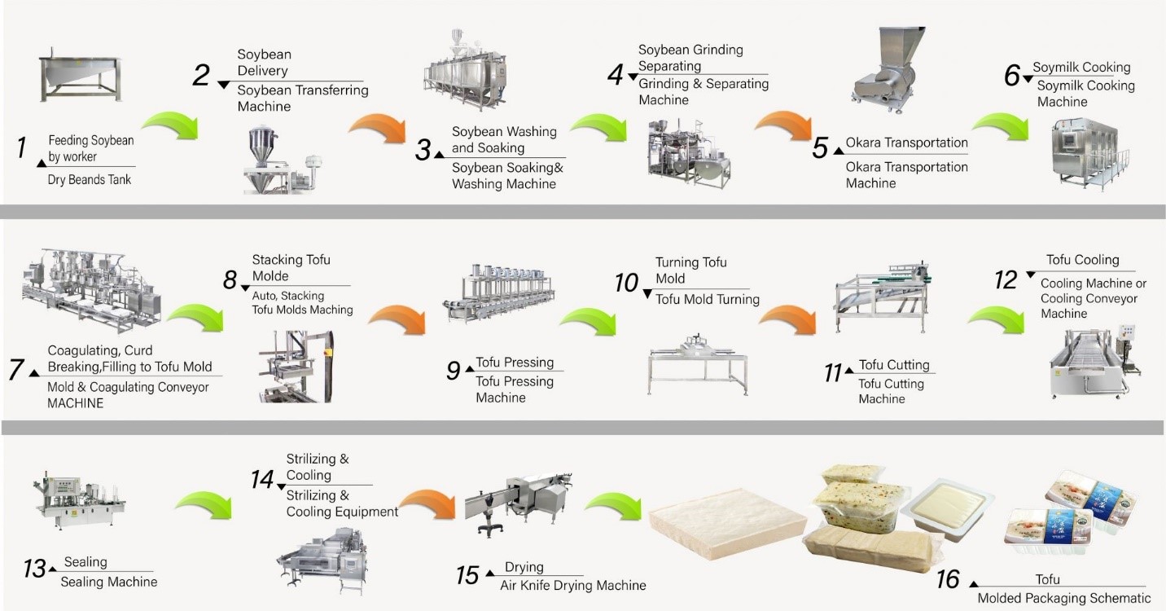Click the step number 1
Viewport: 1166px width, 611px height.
pyautogui.click(x=21, y=148)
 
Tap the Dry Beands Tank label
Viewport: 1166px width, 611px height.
pyautogui.click(x=90, y=179)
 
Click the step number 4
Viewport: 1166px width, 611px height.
pyautogui.click(x=616, y=75)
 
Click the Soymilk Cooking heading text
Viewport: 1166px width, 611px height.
pyautogui.click(x=1081, y=68)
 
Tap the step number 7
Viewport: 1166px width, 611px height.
pyautogui.click(x=16, y=369)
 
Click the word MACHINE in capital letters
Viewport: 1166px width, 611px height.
pyautogui.click(x=76, y=403)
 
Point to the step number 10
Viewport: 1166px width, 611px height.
pyautogui.click(x=626, y=283)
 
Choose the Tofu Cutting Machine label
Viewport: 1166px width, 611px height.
pyautogui.click(x=891, y=391)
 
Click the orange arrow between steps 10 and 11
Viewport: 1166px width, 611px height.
pyautogui.click(x=787, y=320)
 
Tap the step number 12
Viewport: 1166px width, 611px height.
pyautogui.click(x=1006, y=280)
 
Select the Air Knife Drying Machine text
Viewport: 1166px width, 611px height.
pyautogui.click(x=572, y=585)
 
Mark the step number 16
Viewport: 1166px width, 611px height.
pyautogui.click(x=948, y=579)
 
